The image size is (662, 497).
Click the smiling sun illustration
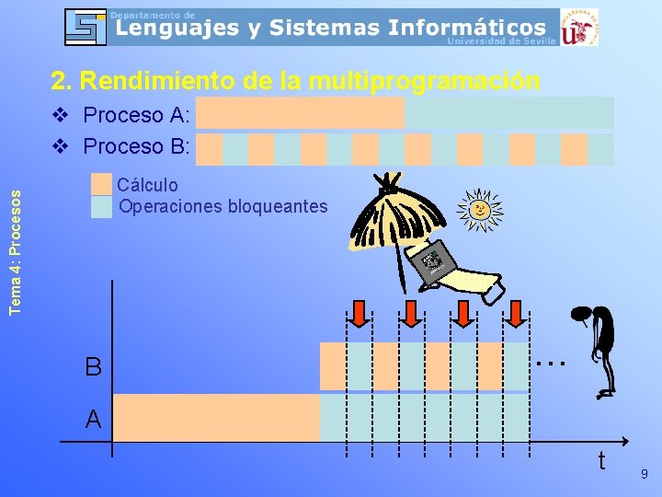coord(479,210)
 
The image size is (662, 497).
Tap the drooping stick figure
coord(599,351)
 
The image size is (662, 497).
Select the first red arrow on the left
coord(360,314)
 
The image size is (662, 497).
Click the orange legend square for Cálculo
coord(101,185)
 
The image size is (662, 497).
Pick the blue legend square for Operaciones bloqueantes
coord(101,206)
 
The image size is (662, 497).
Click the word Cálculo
coord(149,186)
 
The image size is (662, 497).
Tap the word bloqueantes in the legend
coord(282,206)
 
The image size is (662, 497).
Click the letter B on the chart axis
coord(93,367)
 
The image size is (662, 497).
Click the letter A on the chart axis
coord(93,420)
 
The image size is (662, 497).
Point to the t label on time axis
coord(601,460)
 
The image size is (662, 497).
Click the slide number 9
coord(644,474)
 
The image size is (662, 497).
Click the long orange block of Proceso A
coord(300,113)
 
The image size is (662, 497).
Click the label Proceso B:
coord(136,146)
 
